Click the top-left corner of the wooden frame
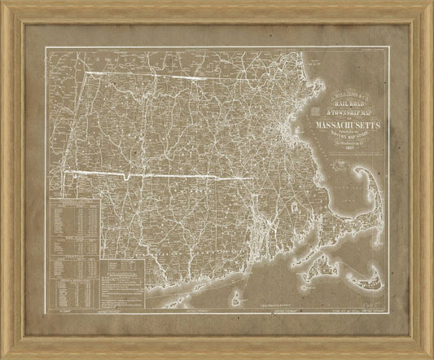tap(6, 6)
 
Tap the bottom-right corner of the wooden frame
tap(428, 354)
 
